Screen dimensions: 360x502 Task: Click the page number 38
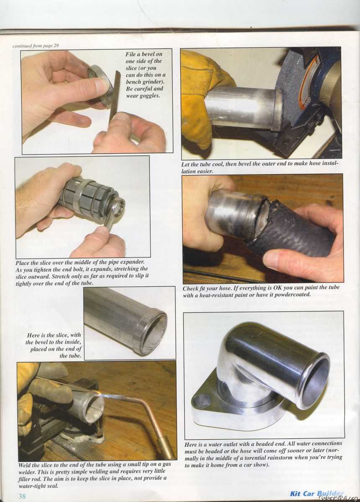tap(22, 496)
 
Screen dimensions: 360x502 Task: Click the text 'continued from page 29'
tap(36, 46)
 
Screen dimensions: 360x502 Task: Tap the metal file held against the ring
tap(115, 95)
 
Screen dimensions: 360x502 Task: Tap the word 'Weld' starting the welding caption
tap(25, 465)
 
